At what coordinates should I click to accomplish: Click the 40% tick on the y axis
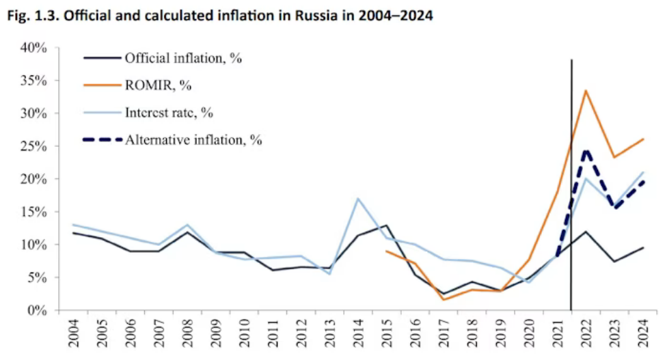[x=34, y=48]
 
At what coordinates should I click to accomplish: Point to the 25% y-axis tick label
[x=34, y=146]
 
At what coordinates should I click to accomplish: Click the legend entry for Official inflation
[x=183, y=58]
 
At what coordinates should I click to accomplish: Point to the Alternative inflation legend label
[x=193, y=140]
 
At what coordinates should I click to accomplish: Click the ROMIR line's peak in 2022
[x=586, y=90]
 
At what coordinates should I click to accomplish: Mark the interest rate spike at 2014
[x=357, y=199]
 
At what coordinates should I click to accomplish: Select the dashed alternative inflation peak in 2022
[x=586, y=150]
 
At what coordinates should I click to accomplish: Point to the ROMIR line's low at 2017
[x=443, y=299]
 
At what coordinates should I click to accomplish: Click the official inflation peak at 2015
[x=386, y=225]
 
